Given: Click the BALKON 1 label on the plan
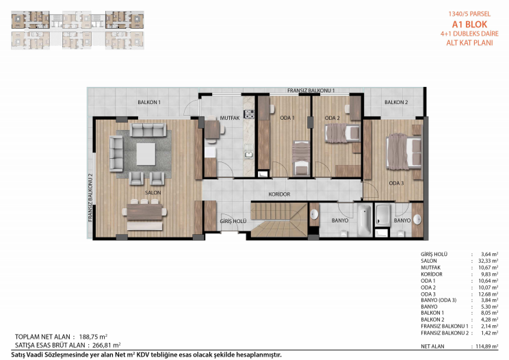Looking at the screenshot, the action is pyautogui.click(x=149, y=102).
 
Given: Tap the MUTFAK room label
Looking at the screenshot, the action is pyautogui.click(x=229, y=118).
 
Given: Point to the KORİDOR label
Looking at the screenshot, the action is pyautogui.click(x=279, y=194).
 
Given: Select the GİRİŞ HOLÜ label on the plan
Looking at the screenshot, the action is pyautogui.click(x=233, y=221).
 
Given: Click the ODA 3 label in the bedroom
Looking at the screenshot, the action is pyautogui.click(x=396, y=183).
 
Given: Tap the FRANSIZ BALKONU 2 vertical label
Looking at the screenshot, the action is pyautogui.click(x=90, y=198).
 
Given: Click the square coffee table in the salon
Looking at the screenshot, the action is pyautogui.click(x=146, y=154).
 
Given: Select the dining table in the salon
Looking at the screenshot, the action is pyautogui.click(x=144, y=211).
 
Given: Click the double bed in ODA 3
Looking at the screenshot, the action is pyautogui.click(x=404, y=152).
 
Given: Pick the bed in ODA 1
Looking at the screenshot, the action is pyautogui.click(x=301, y=158).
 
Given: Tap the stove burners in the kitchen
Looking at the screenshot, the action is pyautogui.click(x=249, y=114).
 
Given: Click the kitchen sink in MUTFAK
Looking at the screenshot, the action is pyautogui.click(x=249, y=155).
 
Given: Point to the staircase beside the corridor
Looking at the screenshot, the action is pyautogui.click(x=279, y=220).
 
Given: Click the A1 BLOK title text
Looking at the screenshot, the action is pyautogui.click(x=469, y=25).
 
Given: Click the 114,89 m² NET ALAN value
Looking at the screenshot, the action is pyautogui.click(x=487, y=346).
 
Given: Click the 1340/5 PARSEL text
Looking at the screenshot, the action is pyautogui.click(x=469, y=14).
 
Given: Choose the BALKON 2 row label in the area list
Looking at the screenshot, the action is pyautogui.click(x=432, y=320).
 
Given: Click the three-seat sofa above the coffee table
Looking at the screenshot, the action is pyautogui.click(x=148, y=130).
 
